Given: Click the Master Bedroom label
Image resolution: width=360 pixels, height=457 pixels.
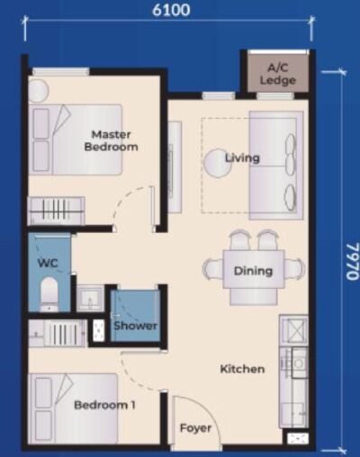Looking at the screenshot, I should [112, 140].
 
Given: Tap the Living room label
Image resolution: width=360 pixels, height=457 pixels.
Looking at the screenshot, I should [242, 158].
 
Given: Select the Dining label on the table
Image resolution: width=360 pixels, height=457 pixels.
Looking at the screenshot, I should [253, 271].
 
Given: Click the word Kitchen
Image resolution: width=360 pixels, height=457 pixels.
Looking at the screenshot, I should [242, 369].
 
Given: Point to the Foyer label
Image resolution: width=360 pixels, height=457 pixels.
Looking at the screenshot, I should [195, 428].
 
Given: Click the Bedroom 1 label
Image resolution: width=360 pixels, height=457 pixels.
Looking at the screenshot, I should [104, 405].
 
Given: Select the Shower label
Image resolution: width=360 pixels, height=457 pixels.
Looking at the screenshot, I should [135, 326].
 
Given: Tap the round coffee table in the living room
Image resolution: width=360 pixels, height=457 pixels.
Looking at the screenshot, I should [216, 163].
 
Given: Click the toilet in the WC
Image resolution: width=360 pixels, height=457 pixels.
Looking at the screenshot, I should [50, 294].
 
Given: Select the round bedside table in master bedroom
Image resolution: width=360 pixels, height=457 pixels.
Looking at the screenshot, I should [38, 91].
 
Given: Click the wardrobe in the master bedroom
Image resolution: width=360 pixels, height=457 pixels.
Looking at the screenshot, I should [56, 211].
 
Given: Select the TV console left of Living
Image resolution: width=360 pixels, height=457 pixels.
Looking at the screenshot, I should [174, 167].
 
